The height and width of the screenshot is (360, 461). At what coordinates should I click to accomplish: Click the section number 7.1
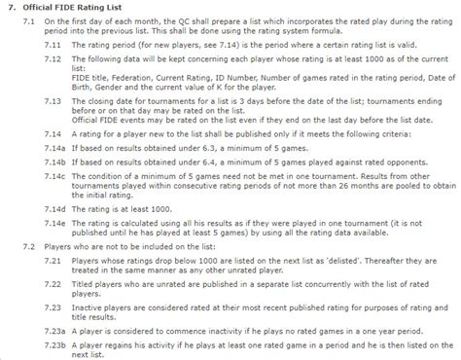pos(26,20)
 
